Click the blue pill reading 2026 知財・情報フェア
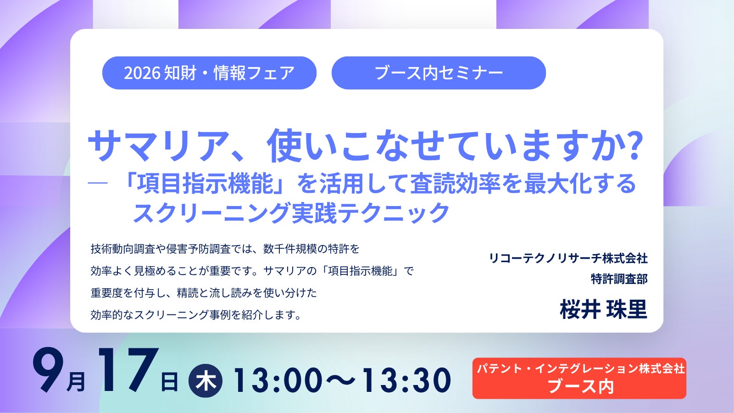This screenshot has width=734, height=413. tap(209, 73)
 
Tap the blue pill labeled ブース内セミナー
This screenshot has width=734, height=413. tap(439, 73)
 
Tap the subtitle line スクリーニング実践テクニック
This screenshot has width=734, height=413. tap(291, 213)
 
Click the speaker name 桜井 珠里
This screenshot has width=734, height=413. tap(604, 309)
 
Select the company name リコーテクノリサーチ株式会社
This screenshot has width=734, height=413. tap(568, 258)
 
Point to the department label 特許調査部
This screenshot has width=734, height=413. tap(619, 279)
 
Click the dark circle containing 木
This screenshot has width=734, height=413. tap(206, 381)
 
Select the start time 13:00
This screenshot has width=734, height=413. tap(278, 380)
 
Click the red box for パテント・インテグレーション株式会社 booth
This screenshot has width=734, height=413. tap(579, 378)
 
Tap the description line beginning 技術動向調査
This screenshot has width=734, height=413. tap(225, 249)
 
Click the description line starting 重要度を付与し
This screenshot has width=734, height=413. tap(204, 293)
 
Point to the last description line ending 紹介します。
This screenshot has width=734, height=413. tap(195, 315)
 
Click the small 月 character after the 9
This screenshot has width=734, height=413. tap(76, 382)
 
